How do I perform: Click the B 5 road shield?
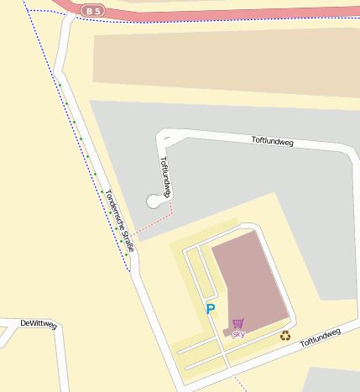pos(93,10)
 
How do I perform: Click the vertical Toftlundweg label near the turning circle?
pos(165,175)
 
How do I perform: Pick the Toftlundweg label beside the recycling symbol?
pos(321,337)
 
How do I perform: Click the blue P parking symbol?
pos(211,309)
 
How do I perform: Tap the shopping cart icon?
pos(238,323)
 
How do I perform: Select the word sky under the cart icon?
pos(238,334)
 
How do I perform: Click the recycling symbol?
pos(285,336)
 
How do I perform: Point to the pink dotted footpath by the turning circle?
pos(156,225)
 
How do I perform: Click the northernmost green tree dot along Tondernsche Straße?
pos(60,85)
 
